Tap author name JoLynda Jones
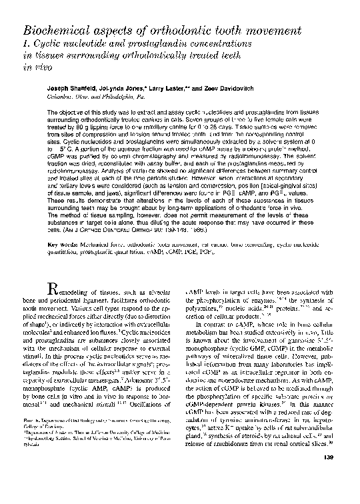pos(129,88)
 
